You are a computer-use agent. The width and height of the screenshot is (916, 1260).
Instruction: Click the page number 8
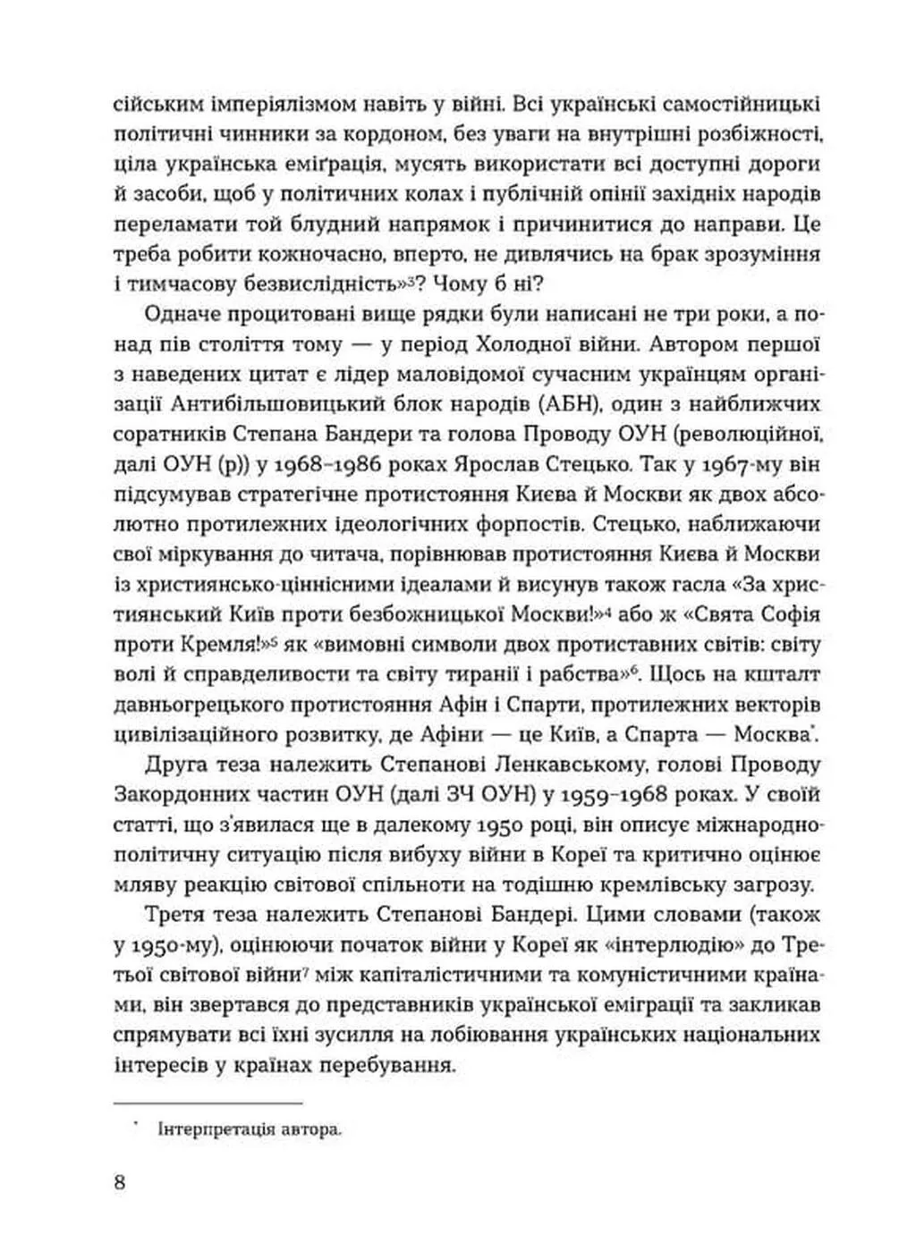click(120, 1182)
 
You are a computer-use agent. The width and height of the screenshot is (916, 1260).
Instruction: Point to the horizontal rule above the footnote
click(208, 1104)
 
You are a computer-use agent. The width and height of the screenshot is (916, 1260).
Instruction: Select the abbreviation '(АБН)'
click(559, 403)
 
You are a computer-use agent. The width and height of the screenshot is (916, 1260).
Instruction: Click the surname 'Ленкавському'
click(559, 766)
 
